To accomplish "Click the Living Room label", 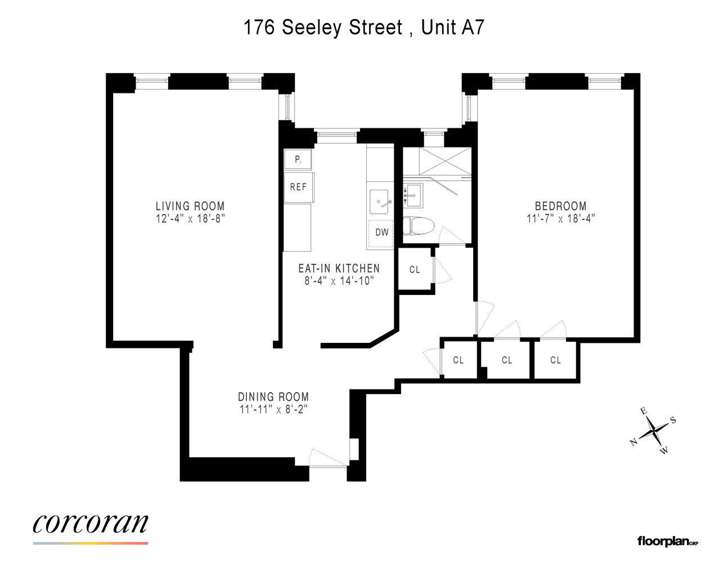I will pos(190,206).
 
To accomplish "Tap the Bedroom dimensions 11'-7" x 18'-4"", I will pos(560,218).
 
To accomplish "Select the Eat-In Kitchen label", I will pos(339,269).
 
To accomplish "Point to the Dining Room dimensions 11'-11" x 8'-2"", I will pos(273,409).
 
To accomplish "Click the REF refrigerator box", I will pos(298,187).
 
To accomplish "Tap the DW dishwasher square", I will pos(381,232).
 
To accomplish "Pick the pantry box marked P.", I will pos(298,160).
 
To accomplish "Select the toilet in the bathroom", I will pos(419,226).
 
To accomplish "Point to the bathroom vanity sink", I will pos(415,195).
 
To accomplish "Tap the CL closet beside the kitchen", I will pos(415,270).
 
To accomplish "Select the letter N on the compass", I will pos(633,442).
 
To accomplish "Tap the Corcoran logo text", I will pos(91,523).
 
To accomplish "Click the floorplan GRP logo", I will pos(668,542).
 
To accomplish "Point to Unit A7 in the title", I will pos(452,27).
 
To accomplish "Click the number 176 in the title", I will pos(259,27).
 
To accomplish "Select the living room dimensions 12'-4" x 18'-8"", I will pos(190,218).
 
